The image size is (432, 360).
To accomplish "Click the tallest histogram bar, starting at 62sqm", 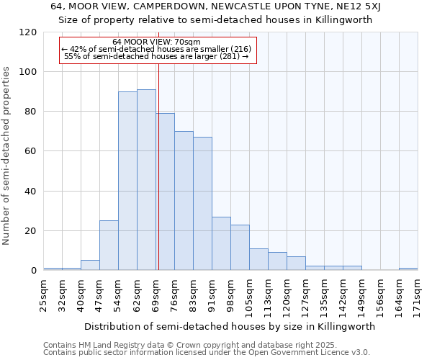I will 146,180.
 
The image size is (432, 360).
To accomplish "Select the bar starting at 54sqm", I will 127,181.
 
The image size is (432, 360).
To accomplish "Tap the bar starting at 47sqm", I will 109,246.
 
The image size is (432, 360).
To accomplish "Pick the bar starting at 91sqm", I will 221,243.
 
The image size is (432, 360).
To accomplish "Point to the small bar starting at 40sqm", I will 90,265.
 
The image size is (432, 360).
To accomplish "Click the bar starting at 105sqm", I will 258,259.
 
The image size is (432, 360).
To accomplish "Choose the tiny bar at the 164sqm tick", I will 408,269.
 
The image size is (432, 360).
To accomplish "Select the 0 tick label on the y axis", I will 34,271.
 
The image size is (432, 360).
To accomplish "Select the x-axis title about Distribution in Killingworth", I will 230,326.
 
